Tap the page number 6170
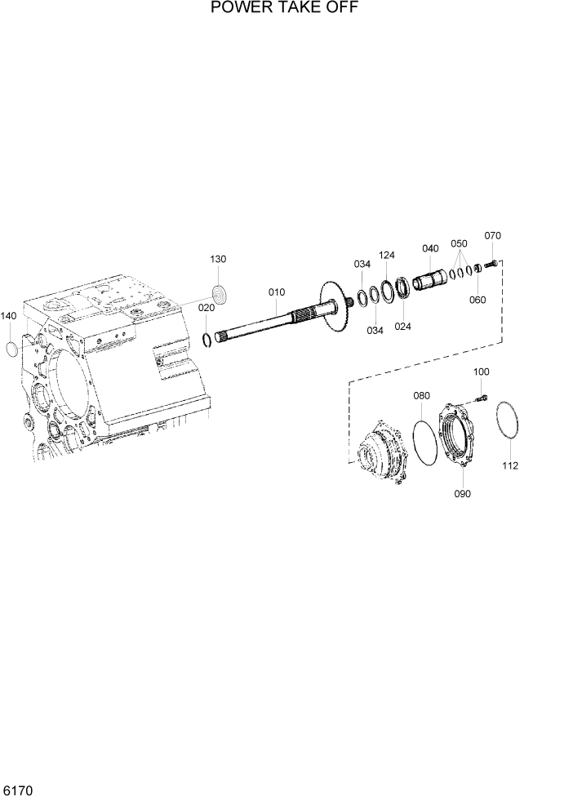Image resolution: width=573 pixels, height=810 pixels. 18,791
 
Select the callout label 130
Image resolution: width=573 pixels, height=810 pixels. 218,260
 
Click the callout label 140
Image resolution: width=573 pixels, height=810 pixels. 8,316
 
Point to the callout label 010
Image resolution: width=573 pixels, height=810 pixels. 277,292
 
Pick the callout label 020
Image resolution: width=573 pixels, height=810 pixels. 207,308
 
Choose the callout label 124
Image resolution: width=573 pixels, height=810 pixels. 387,256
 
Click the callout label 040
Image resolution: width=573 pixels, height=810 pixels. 430,248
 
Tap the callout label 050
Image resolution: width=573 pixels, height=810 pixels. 459,243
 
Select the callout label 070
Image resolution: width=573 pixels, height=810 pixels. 492,236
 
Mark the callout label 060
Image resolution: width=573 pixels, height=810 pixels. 477,300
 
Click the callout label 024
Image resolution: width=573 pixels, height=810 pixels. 402,326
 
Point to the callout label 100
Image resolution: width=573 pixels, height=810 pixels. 482,372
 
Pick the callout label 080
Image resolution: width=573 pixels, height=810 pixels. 421,396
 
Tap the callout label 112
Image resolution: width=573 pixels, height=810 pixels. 510,466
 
